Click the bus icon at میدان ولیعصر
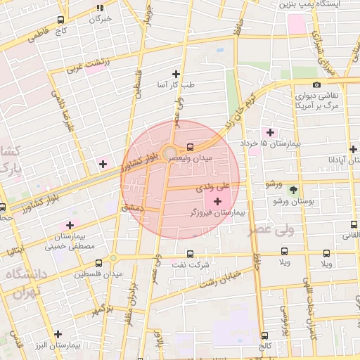[x=190, y=148]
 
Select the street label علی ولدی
[x=213, y=187]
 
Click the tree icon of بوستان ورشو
[x=293, y=190]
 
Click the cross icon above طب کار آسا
[x=176, y=74]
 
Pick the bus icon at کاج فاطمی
[x=60, y=20]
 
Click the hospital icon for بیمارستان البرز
[x=58, y=334]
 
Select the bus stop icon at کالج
[x=264, y=335]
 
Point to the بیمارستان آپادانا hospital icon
[x=352, y=148]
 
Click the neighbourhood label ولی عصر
[x=308, y=229]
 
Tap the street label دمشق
[x=131, y=208]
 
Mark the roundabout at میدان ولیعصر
[x=170, y=153]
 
